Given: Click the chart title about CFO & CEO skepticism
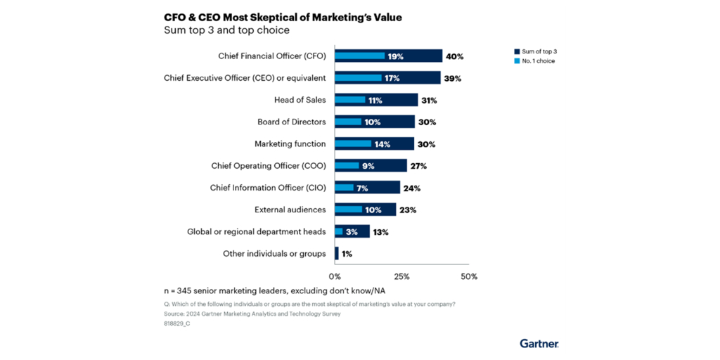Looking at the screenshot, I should click(x=283, y=17).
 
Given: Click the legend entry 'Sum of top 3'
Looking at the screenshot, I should click(x=539, y=51).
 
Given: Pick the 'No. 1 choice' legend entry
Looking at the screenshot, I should click(x=539, y=61).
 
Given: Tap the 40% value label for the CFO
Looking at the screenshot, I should click(x=455, y=56).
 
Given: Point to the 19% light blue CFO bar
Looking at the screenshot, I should click(x=360, y=56).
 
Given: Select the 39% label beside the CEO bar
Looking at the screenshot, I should click(x=453, y=78).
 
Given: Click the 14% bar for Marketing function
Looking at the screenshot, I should click(x=353, y=144).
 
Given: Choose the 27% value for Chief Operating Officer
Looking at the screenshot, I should click(x=418, y=166).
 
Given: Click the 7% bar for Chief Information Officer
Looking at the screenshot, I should click(x=345, y=188).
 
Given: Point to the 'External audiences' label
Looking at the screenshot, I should click(x=289, y=210).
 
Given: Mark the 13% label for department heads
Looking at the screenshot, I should click(x=380, y=231).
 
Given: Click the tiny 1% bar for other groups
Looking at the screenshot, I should click(x=337, y=253).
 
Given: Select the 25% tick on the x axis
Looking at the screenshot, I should click(x=401, y=276).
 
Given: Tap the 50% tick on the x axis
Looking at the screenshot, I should click(x=468, y=276).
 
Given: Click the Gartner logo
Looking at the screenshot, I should click(x=539, y=343).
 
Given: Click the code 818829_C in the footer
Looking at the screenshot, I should click(x=176, y=323).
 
